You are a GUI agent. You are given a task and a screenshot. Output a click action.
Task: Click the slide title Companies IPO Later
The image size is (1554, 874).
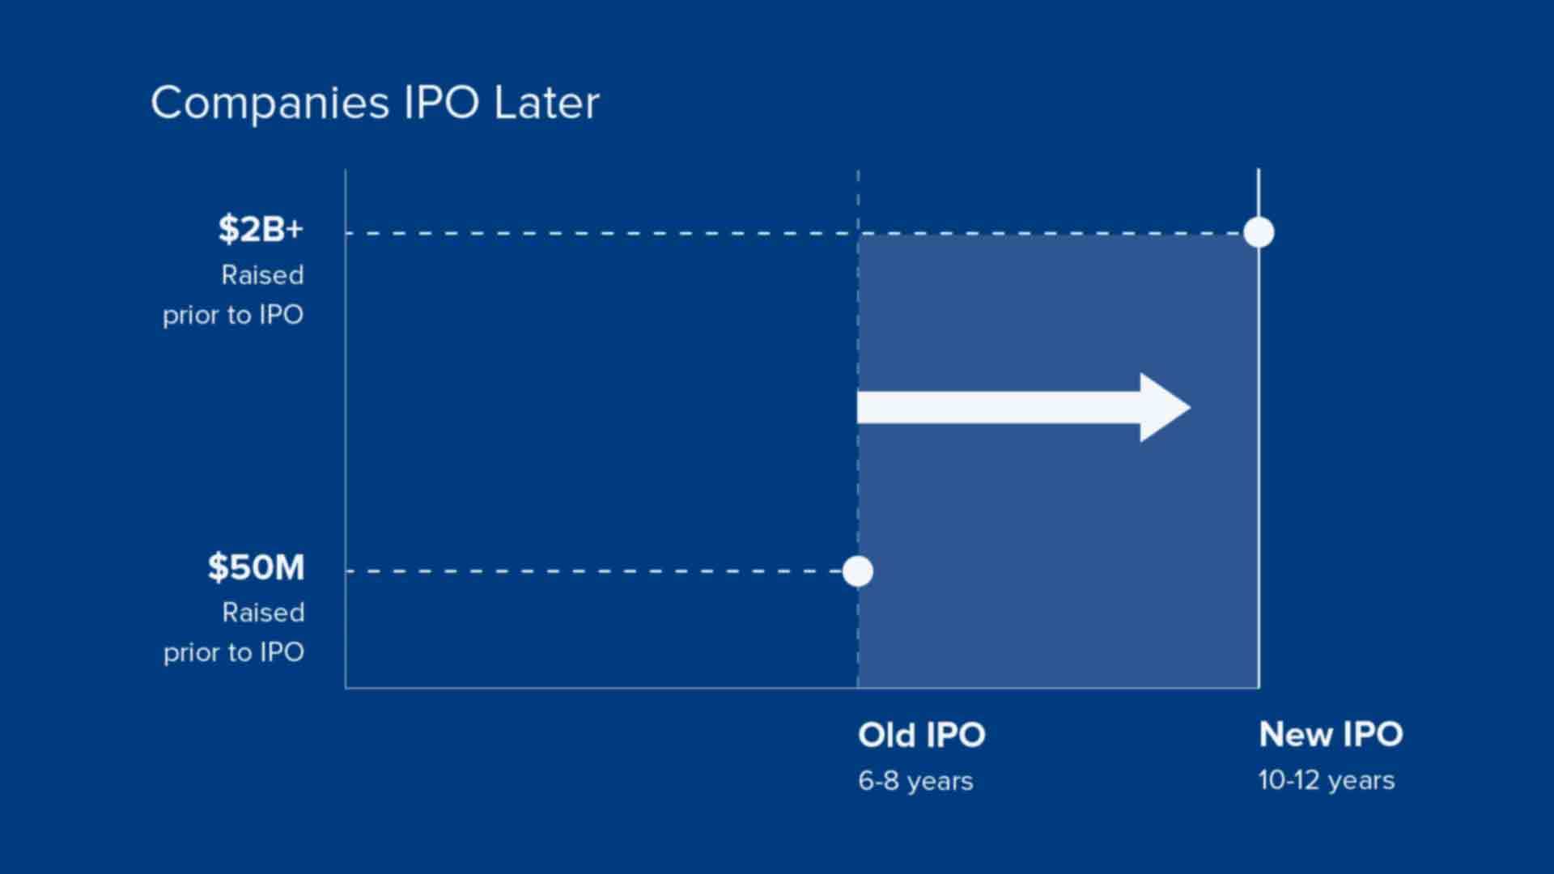click(375, 104)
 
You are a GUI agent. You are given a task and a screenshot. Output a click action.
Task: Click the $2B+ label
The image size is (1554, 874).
click(261, 229)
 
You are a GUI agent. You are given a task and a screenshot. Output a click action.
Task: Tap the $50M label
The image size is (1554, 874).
click(257, 567)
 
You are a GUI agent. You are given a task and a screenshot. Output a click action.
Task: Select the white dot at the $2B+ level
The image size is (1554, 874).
click(1259, 233)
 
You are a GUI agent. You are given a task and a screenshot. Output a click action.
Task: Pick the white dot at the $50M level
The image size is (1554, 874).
click(858, 571)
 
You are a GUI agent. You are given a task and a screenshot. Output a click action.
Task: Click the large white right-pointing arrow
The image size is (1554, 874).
click(1024, 408)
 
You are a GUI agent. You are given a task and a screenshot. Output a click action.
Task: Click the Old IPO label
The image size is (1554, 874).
click(922, 735)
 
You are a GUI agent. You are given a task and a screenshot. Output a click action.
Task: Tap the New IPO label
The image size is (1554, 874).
click(1331, 734)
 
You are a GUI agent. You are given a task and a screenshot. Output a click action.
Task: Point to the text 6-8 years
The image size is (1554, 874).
click(915, 781)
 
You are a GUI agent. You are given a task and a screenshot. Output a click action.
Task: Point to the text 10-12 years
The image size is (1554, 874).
click(1327, 780)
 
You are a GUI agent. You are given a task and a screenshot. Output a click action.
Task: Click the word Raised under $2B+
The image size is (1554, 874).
click(263, 275)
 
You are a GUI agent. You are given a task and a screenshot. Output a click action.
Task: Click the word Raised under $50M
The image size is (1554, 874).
click(264, 613)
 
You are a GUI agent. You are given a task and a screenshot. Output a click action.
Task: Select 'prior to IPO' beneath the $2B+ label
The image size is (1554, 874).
click(233, 315)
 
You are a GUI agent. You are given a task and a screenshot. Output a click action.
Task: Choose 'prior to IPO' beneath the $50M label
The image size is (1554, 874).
click(234, 652)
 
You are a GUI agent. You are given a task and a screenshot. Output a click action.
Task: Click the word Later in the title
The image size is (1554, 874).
click(547, 104)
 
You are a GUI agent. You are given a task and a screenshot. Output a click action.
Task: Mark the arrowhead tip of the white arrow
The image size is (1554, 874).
click(1191, 408)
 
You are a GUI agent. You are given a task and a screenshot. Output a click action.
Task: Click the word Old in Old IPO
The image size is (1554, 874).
click(886, 735)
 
